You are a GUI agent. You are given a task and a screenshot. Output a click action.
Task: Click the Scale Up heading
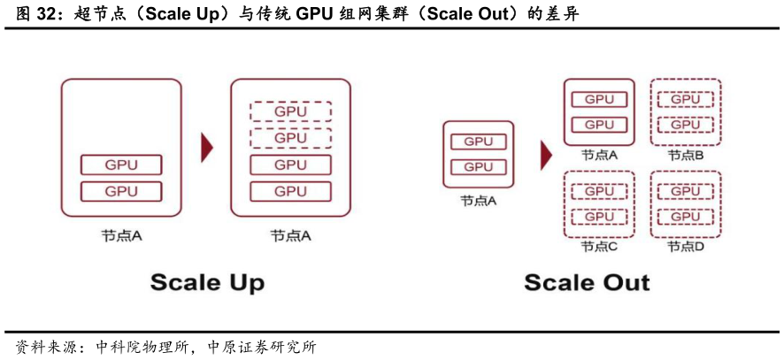click(207, 283)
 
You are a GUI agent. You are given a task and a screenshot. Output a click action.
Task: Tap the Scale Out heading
click(587, 283)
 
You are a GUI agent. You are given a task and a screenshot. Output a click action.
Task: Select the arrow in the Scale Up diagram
click(207, 148)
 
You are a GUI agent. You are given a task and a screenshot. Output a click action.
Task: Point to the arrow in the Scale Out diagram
click(547, 155)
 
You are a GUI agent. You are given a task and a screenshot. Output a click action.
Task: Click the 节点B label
click(686, 156)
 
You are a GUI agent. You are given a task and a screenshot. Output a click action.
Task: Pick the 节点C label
click(599, 247)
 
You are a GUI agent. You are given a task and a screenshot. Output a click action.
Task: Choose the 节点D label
click(686, 247)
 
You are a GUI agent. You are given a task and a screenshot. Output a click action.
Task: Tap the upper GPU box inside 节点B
click(686, 100)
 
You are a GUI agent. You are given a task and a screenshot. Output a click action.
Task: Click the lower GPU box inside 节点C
click(599, 217)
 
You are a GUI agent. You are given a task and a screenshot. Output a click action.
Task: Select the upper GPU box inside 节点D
click(686, 191)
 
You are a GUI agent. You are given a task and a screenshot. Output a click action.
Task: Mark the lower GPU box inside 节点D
click(686, 217)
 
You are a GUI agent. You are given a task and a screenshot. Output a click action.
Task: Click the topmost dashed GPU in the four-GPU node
click(290, 111)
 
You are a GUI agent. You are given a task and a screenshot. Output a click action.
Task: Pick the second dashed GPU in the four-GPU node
click(290, 138)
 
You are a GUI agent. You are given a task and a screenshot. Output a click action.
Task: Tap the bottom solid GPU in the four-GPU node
click(290, 191)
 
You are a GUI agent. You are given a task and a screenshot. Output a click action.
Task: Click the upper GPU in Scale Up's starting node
click(121, 165)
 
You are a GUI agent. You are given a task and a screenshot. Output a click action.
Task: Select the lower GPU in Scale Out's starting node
click(478, 167)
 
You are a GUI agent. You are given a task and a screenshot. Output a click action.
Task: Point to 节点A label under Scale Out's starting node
click(478, 201)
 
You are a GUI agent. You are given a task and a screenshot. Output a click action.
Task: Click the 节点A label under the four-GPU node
click(290, 236)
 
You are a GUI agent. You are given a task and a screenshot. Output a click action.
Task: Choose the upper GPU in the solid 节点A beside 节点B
click(599, 100)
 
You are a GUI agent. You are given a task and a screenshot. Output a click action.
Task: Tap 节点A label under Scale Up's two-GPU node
click(121, 236)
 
